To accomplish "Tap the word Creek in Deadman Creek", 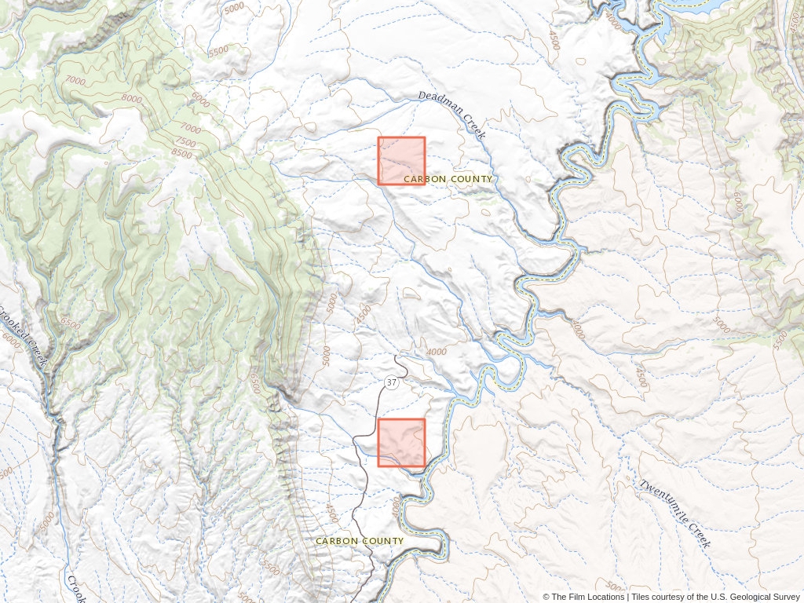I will (474, 126).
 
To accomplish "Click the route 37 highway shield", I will (392, 383).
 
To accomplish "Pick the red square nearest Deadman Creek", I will (401, 161).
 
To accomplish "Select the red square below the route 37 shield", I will (401, 442).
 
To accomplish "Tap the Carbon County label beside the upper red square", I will (448, 179).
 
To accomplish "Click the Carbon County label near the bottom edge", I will (360, 541).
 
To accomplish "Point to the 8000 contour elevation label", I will (132, 99).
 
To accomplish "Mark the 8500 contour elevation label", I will (181, 154).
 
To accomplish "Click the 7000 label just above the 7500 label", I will (190, 127).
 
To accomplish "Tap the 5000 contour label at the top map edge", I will (234, 9).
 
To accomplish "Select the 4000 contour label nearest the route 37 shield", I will (435, 352).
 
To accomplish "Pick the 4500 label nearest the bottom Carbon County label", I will (332, 514).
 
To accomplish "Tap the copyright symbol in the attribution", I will (546, 597).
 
